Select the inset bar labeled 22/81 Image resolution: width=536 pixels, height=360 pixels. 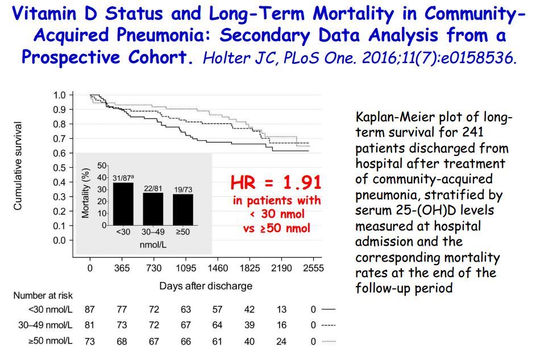click(152, 209)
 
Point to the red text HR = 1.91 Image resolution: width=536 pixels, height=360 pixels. click(276, 183)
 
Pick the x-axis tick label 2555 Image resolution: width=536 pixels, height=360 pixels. click(313, 268)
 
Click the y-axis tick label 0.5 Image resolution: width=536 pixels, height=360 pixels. click(59, 168)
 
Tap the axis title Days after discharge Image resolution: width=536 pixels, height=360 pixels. click(206, 285)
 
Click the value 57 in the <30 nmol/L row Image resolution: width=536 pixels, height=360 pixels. click(218, 310)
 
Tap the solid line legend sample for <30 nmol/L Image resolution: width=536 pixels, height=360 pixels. click(329, 310)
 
